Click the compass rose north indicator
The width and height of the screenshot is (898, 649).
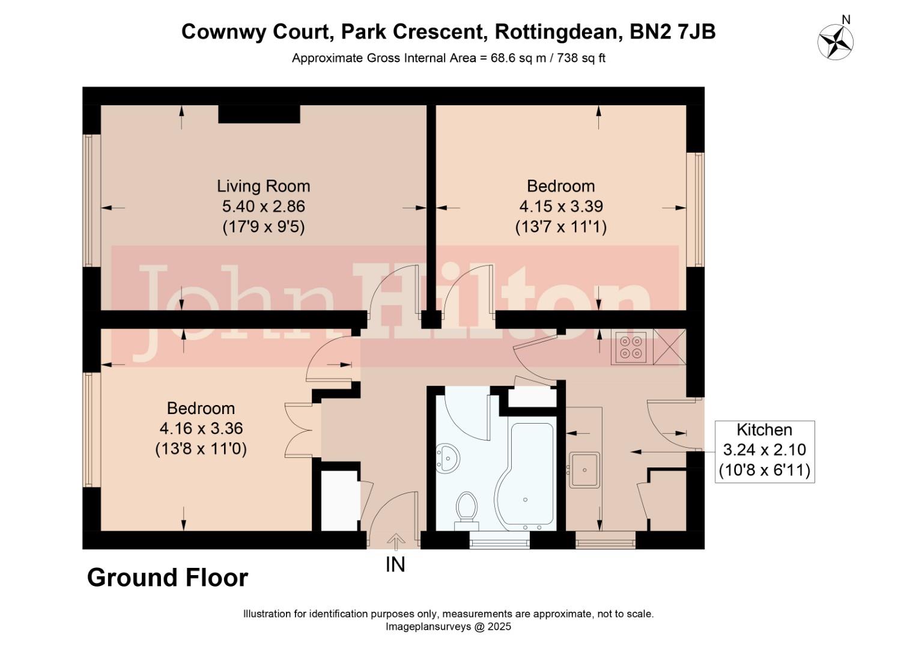pos(836,41)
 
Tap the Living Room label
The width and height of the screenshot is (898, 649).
pos(263,186)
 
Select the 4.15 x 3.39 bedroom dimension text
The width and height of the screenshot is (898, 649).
pos(560,206)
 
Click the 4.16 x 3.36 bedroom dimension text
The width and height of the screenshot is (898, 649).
pos(201,428)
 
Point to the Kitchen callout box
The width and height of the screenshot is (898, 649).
pos(764,450)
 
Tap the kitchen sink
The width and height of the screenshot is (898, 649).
pos(584,469)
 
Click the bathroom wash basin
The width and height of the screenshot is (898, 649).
pos(446,459)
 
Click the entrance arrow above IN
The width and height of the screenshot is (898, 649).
pos(395,541)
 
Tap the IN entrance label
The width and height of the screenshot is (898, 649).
pos(395,564)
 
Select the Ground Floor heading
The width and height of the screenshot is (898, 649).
pos(168,577)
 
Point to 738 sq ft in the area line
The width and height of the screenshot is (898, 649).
pos(581,58)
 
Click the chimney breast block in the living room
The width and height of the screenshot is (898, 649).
pos(259,114)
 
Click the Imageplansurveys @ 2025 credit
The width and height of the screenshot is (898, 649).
pos(448,627)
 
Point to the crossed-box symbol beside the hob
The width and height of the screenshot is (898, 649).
pos(669,347)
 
